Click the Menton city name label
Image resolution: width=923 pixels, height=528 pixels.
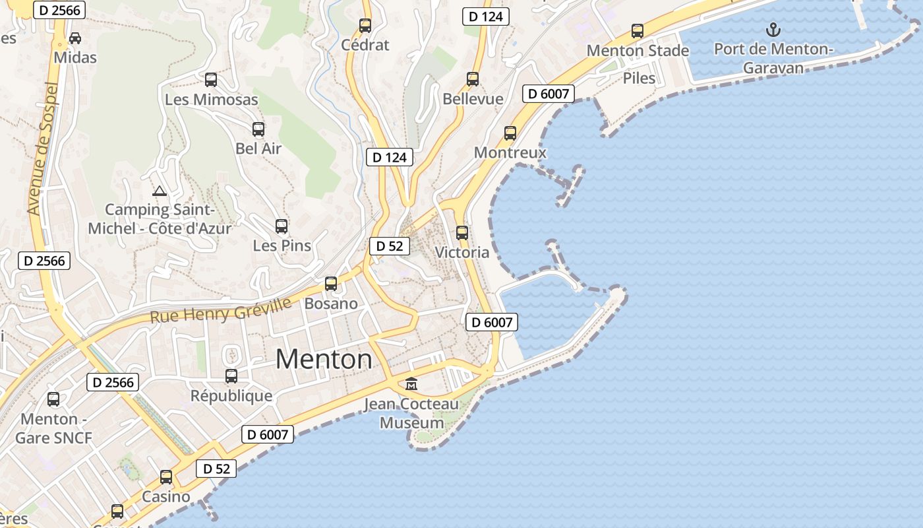324,360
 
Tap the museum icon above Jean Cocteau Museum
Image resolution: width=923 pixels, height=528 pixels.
411,383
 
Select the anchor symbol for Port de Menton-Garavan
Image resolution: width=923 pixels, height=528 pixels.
773,30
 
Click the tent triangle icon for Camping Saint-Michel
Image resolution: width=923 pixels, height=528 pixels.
158,191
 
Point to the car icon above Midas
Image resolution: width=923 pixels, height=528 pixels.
75,38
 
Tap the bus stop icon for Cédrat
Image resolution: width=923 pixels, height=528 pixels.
365,26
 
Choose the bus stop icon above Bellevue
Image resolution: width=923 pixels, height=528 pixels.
473,79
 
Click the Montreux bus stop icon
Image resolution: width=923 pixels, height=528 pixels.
510,133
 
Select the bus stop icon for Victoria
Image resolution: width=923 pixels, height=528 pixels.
462,233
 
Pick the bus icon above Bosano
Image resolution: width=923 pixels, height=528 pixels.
331,284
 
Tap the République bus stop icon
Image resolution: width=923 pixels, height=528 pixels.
231,376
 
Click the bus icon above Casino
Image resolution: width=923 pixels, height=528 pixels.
166,477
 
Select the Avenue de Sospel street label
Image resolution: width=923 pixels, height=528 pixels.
44,148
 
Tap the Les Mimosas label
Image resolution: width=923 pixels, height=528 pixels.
211,100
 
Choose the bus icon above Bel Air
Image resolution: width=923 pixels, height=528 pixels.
258,129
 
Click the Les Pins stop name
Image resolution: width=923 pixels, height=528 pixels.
282,246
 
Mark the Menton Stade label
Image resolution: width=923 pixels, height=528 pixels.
638,50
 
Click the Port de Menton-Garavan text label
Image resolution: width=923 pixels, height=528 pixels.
773,58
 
